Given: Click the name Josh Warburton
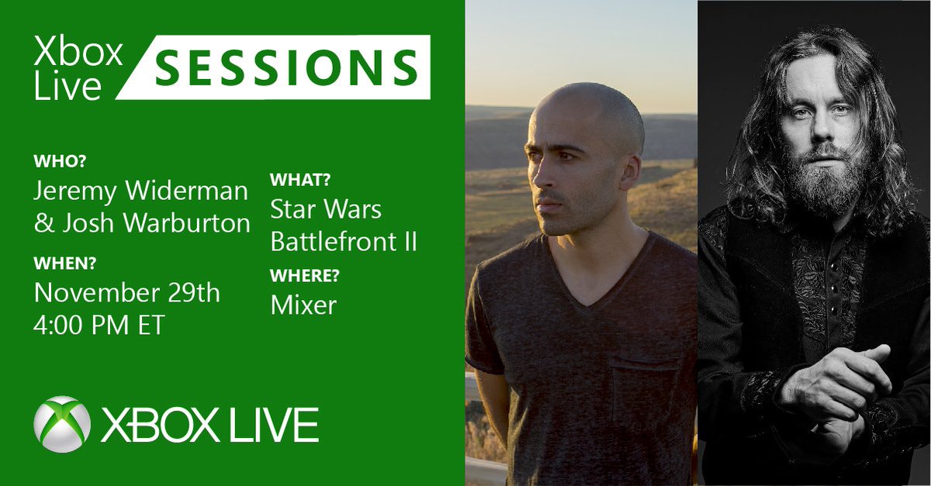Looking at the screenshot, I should [x=143, y=224].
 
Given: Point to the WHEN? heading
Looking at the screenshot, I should [x=66, y=264].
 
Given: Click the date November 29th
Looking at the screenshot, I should [x=127, y=293].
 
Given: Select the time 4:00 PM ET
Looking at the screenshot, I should [x=99, y=324].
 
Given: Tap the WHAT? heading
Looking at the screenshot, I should [x=300, y=181].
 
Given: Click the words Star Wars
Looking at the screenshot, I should [x=326, y=209].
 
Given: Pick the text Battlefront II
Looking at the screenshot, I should [x=344, y=241].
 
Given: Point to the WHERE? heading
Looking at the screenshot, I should [x=306, y=276].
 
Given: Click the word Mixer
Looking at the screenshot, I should [x=303, y=305].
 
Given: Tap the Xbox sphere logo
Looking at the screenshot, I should [x=62, y=424].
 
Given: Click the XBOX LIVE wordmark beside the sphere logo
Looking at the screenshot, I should [x=209, y=425].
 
